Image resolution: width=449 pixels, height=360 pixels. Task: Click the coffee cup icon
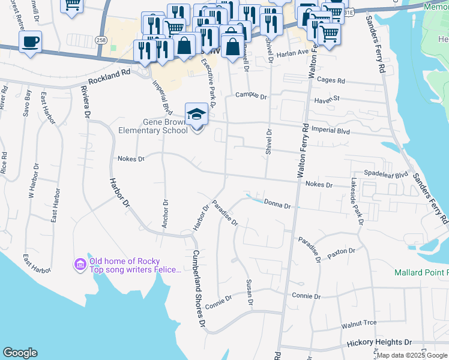click(30, 42)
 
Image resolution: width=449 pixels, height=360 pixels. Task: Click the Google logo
click(20, 353)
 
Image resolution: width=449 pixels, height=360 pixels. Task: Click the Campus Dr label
click(250, 95)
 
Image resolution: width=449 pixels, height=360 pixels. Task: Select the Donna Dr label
click(277, 205)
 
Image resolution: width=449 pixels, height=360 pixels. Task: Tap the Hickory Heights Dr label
click(379, 342)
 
